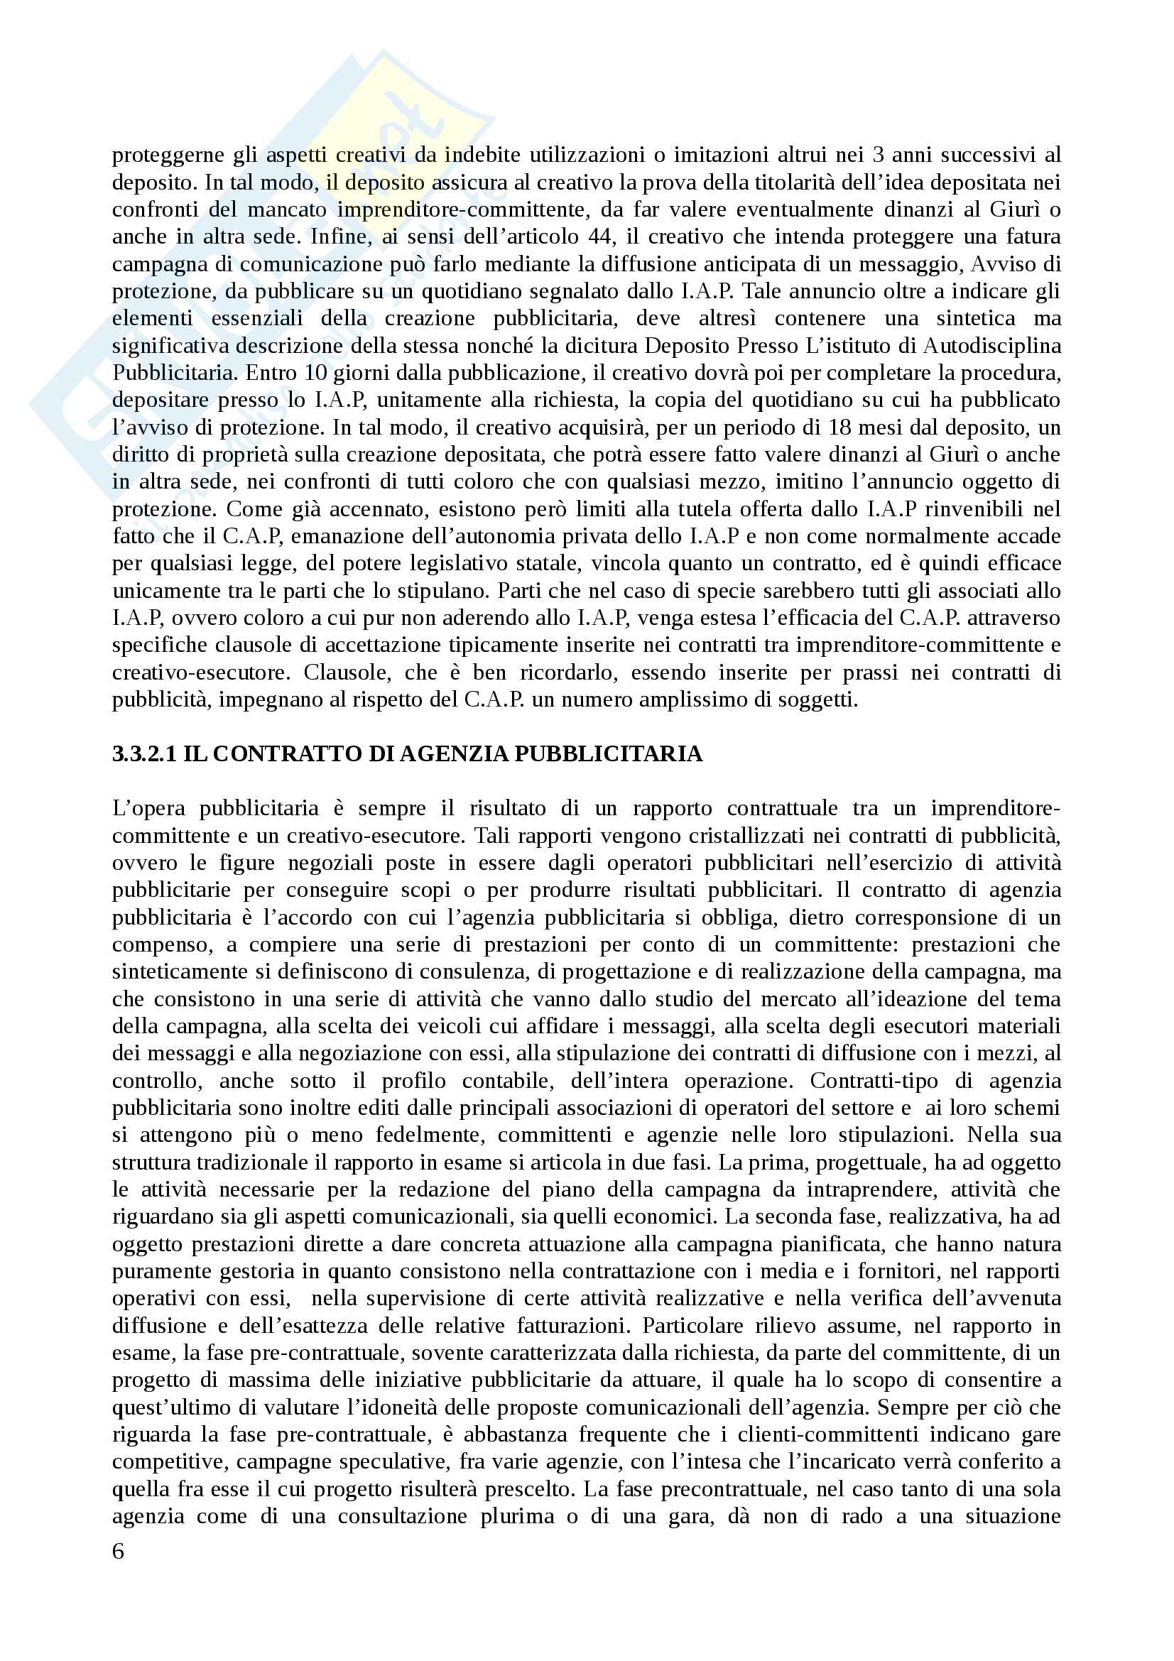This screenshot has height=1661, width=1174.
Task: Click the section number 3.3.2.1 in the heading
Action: [144, 754]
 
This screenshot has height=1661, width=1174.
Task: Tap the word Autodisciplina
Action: [991, 346]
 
